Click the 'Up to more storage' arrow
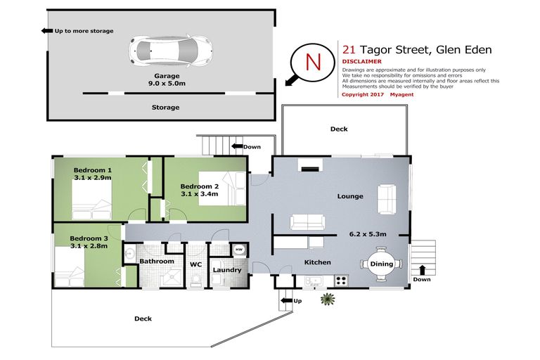[47, 31]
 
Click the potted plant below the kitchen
[327, 300]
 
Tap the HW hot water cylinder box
[238, 250]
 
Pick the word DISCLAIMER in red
[361, 61]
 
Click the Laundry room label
[227, 269]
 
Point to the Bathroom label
[156, 261]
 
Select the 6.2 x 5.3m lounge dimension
[368, 233]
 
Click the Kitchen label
[317, 262]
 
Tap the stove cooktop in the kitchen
[341, 280]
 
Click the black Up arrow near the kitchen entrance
[285, 301]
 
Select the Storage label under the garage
[166, 108]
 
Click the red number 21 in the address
[349, 49]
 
